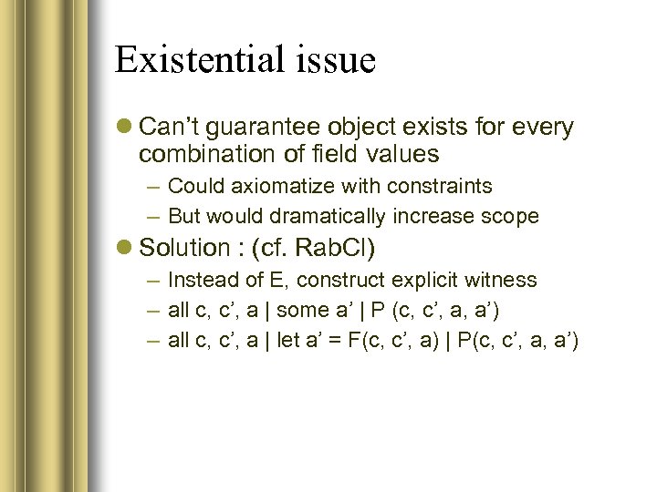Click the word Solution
183,248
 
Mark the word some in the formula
302,311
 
